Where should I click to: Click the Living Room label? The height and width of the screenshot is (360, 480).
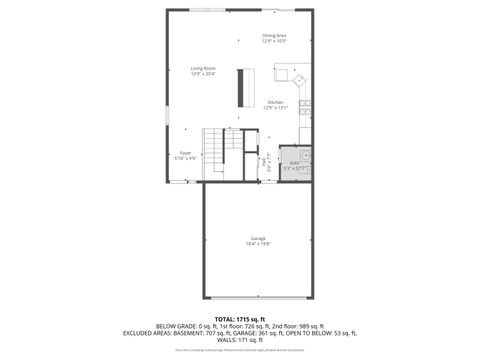point(204,68)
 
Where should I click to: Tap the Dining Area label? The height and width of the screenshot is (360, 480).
point(275,35)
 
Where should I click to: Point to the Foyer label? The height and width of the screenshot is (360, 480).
point(185,153)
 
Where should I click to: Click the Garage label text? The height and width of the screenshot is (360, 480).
point(259,239)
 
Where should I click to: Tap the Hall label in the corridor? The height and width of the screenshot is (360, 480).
point(264,160)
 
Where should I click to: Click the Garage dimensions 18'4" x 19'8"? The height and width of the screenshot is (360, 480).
point(259,244)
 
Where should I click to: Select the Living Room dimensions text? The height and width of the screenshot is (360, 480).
point(204,73)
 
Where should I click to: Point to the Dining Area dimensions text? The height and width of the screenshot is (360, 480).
point(275,41)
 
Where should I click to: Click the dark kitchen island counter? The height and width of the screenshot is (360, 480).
point(241,87)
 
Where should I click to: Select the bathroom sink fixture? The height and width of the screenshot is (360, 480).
point(306,156)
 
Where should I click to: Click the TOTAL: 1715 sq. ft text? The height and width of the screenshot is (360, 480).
point(240,317)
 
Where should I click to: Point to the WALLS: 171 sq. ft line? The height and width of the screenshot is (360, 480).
point(240,341)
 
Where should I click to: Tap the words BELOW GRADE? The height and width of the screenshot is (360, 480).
point(150,325)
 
